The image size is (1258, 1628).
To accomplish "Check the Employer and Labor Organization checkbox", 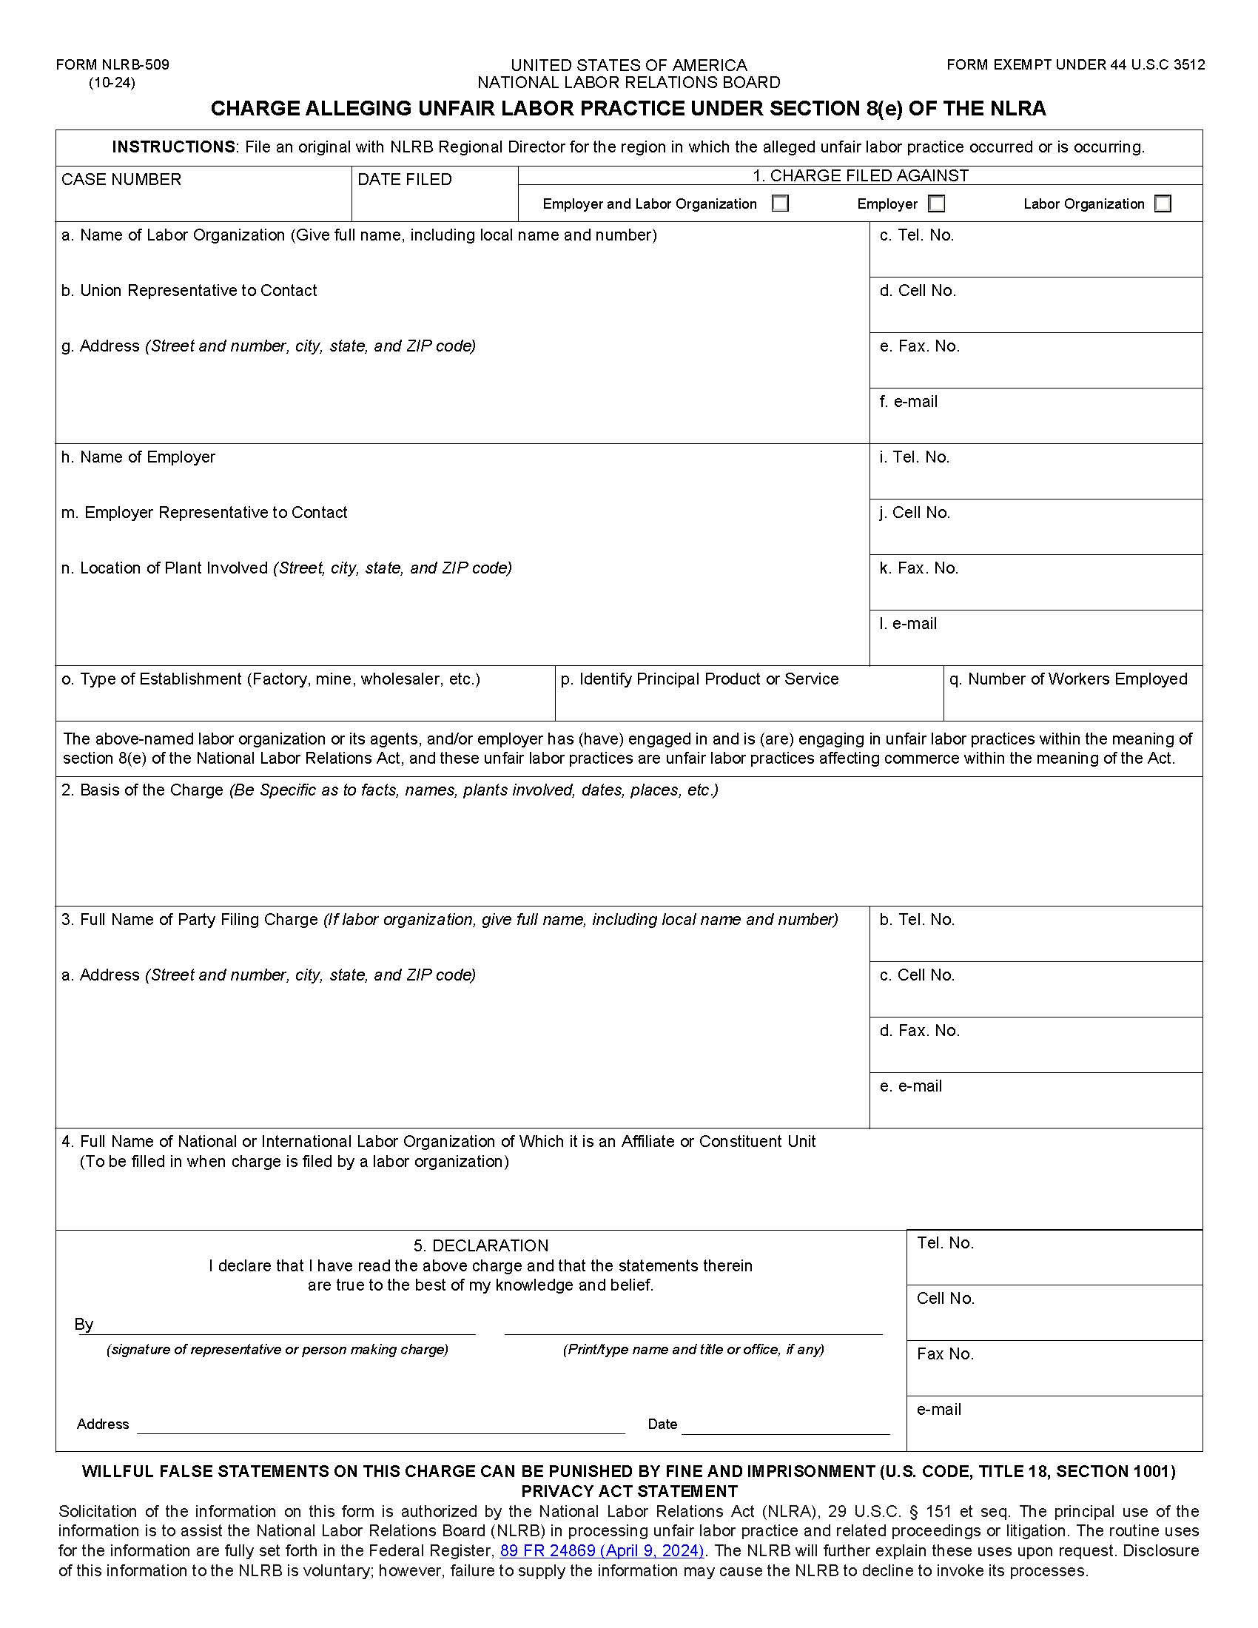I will [x=779, y=203].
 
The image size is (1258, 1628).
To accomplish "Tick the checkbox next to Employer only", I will [x=936, y=203].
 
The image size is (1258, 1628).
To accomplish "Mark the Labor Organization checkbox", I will [x=1162, y=203].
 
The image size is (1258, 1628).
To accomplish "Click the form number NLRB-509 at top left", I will [x=112, y=65].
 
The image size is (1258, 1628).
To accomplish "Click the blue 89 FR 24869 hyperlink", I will [x=602, y=1550].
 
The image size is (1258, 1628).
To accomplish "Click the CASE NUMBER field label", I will [x=121, y=180].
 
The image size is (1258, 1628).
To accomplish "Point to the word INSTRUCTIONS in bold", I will [x=173, y=147].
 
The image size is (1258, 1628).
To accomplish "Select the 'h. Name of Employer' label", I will [x=138, y=457].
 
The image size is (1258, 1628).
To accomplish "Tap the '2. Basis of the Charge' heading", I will [x=141, y=790].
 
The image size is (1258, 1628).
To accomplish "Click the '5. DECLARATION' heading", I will [x=481, y=1245].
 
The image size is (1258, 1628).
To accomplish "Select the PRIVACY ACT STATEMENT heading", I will [x=629, y=1491].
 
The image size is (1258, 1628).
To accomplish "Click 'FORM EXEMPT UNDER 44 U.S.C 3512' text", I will [x=1074, y=65].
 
